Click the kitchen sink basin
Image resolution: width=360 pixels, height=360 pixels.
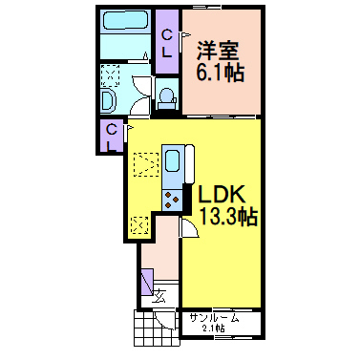(x=175, y=159)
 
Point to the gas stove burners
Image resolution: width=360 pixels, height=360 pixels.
(x=174, y=199)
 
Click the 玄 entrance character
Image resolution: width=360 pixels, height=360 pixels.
(x=161, y=295)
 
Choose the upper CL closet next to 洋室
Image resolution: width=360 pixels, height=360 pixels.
(x=168, y=43)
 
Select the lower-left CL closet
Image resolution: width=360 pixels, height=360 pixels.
(x=112, y=137)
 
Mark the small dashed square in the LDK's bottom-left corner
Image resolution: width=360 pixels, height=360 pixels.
(x=139, y=225)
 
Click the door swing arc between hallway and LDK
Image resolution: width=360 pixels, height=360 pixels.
(x=188, y=223)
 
